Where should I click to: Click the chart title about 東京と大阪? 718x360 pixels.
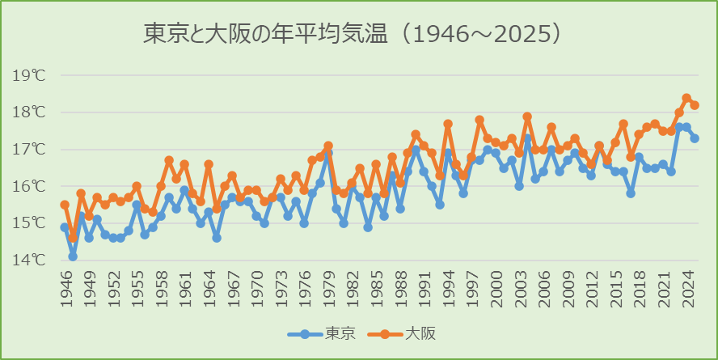(x=353, y=34)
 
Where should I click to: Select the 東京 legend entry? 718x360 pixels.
(x=319, y=333)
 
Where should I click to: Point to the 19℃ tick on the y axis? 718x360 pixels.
(x=29, y=75)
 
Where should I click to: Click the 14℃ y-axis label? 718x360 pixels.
(x=29, y=260)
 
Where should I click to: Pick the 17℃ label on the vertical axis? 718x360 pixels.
(x=29, y=149)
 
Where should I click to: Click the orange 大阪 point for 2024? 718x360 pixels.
(x=686, y=98)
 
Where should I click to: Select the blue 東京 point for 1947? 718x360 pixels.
(x=73, y=256)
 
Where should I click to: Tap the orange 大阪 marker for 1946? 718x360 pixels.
(x=65, y=205)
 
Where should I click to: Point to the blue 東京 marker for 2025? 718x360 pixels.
(x=695, y=138)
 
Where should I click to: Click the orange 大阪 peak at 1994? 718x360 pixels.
(x=448, y=124)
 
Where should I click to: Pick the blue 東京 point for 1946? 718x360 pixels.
(x=65, y=227)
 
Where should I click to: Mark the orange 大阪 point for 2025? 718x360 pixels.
(x=695, y=105)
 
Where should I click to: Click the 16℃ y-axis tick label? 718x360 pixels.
(x=29, y=186)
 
